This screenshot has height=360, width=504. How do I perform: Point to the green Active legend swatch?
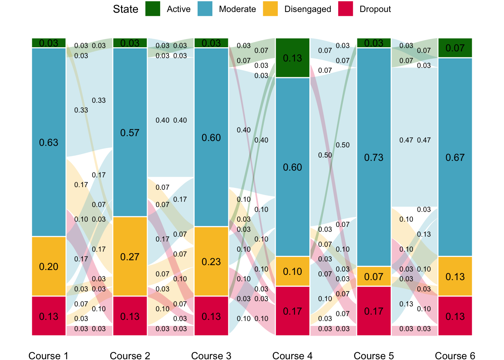point(153,9)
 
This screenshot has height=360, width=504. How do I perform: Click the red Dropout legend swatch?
point(345,9)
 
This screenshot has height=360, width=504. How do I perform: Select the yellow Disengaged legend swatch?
point(270,9)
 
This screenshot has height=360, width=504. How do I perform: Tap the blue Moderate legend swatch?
point(205,9)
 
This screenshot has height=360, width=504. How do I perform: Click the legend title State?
point(126,9)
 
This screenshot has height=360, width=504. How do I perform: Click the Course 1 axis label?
point(48,356)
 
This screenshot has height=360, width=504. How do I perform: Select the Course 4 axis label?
point(292,356)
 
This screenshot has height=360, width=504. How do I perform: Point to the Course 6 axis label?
point(455,356)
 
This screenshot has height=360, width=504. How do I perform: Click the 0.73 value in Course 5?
point(374,157)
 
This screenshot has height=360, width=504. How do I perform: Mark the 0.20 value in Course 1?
point(49,267)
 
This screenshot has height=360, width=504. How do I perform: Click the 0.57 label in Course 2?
point(130,133)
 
